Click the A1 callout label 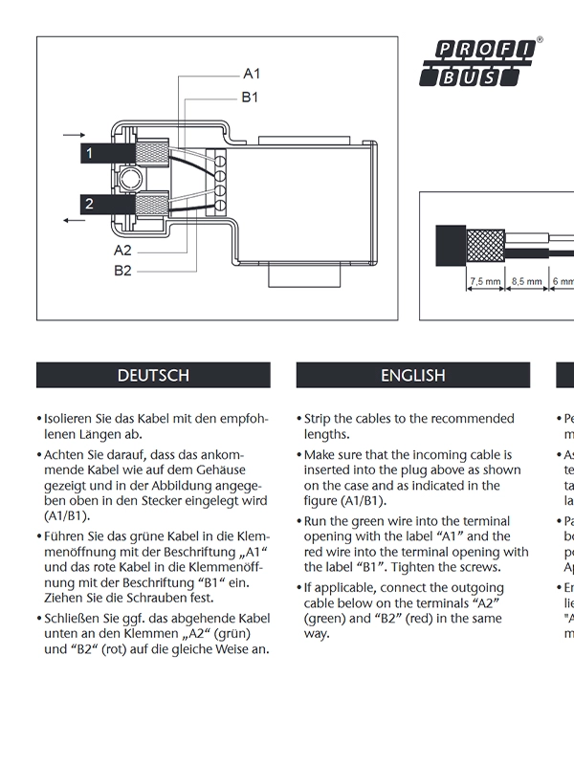pyautogui.click(x=252, y=74)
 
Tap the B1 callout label pyautogui.click(x=250, y=97)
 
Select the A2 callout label pyautogui.click(x=122, y=250)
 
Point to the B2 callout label pyautogui.click(x=122, y=271)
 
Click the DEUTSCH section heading pyautogui.click(x=153, y=376)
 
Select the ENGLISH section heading pyautogui.click(x=413, y=376)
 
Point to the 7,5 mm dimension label pyautogui.click(x=486, y=282)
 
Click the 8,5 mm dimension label pyautogui.click(x=527, y=282)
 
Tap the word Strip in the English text pyautogui.click(x=320, y=419)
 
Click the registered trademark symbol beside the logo pyautogui.click(x=540, y=41)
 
